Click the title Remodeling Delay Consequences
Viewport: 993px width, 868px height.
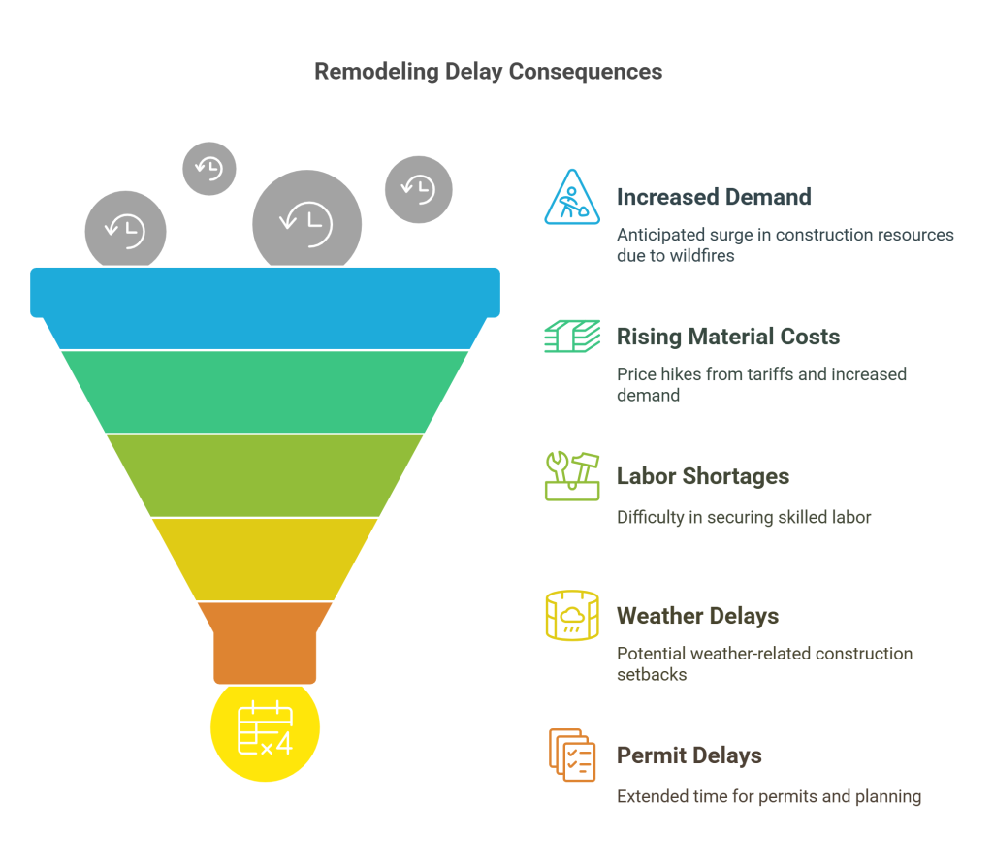(x=488, y=72)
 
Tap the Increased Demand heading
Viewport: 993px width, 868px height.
(x=713, y=197)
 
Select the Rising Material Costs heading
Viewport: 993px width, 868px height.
(x=727, y=337)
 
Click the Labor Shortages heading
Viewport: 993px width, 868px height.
(x=702, y=476)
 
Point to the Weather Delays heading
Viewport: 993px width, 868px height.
(x=697, y=616)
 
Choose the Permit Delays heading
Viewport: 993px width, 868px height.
(x=689, y=755)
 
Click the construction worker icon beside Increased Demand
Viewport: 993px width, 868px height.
(x=572, y=197)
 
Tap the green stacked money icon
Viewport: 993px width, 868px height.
(x=572, y=337)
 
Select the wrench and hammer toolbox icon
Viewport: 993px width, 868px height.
(x=572, y=476)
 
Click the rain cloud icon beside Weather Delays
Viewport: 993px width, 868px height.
(x=572, y=616)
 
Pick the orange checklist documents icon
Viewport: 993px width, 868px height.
(x=572, y=755)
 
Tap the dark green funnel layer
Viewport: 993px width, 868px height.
(x=265, y=391)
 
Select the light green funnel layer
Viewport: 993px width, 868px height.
(x=265, y=475)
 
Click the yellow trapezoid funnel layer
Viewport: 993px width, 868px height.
(x=265, y=559)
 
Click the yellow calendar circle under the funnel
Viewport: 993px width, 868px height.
(x=265, y=729)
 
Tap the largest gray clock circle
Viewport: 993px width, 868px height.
(x=306, y=222)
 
